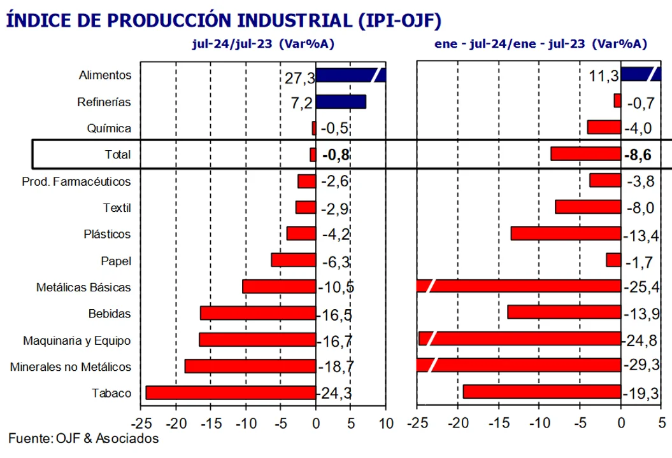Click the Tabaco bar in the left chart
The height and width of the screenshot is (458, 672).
[231, 392]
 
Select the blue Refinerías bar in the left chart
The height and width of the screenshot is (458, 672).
[341, 102]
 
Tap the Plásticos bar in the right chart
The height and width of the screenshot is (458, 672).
[566, 234]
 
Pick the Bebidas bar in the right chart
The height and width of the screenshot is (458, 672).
[564, 312]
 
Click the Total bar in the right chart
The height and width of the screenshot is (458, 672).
[585, 154]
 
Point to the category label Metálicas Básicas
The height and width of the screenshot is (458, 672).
[83, 287]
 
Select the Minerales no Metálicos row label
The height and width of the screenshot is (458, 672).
[71, 367]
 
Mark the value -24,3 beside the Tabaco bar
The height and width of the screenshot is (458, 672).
[335, 393]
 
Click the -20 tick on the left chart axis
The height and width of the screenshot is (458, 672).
[175, 422]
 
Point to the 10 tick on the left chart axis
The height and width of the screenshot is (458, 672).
[385, 422]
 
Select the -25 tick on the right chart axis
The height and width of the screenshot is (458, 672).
[417, 422]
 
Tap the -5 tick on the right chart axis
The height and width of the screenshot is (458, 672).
[580, 422]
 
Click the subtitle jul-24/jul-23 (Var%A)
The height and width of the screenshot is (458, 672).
[263, 44]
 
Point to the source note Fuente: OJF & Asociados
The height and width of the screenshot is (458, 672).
[83, 438]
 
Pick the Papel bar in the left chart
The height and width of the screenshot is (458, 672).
[294, 260]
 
